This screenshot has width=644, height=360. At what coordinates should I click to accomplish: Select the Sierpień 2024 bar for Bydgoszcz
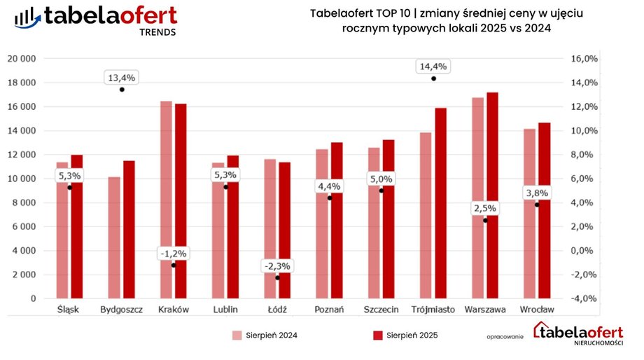[114, 237]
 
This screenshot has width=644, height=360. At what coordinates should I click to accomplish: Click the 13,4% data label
[121, 77]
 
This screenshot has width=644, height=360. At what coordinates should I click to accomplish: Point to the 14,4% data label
[433, 67]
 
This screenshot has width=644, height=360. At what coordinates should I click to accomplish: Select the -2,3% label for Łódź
[277, 266]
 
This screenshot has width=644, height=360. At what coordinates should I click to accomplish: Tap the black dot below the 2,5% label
[485, 221]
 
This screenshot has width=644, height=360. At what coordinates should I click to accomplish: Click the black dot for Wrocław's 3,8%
[537, 205]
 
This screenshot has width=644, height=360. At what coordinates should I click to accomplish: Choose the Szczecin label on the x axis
[381, 310]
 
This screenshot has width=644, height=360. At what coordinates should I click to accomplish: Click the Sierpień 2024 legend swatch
[237, 335]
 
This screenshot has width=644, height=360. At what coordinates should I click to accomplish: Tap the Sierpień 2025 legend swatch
[378, 335]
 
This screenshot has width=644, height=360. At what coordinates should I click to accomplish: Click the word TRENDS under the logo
[158, 32]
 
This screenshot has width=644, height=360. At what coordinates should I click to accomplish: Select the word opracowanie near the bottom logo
[505, 337]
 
